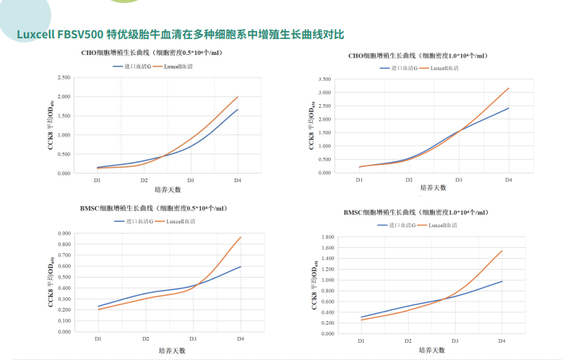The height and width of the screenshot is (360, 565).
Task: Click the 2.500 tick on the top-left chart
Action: point(63,77)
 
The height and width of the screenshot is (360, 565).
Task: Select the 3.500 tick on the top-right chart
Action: point(324,80)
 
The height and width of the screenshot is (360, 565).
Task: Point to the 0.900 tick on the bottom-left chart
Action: point(63,233)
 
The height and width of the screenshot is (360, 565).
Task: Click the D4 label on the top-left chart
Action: point(238,180)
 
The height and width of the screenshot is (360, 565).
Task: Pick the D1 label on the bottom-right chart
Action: point(361,340)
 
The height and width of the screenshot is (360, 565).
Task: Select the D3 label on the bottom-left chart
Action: point(192,338)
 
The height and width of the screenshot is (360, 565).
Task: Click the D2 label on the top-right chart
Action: point(409,179)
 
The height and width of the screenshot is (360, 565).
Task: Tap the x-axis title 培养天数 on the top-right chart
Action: point(434,187)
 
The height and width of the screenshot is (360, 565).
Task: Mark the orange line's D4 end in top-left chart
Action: point(238,97)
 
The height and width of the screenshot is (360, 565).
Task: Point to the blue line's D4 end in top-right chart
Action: point(509,108)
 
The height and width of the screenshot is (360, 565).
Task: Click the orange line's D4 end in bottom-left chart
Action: point(241,237)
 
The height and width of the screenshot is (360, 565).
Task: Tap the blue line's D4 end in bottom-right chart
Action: point(502,281)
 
